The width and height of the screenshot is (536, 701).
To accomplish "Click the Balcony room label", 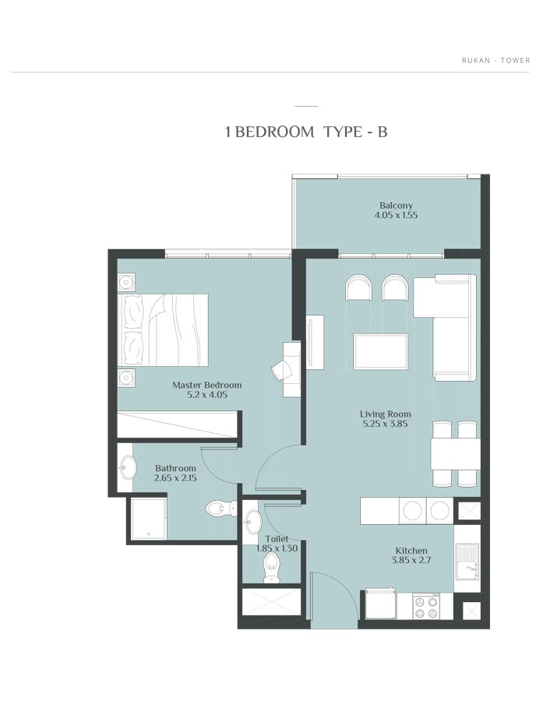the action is [396, 206].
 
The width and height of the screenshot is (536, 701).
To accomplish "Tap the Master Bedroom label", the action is [207, 385].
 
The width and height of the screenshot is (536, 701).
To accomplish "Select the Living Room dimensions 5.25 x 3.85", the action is [385, 424].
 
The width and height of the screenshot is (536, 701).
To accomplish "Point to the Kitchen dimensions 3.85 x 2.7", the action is [411, 560].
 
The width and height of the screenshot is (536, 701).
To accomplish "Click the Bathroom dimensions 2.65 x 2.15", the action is [175, 478].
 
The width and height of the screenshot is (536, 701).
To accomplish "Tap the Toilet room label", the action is [277, 539].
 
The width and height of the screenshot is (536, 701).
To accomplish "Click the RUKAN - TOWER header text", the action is [495, 60].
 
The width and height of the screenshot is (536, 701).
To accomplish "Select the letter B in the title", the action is [383, 132].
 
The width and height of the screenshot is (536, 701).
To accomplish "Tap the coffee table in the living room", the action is [380, 352].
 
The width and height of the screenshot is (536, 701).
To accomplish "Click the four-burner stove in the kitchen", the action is [425, 607].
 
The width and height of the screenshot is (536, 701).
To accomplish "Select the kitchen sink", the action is [467, 566].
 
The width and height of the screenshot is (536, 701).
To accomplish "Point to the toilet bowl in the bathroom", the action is [221, 509].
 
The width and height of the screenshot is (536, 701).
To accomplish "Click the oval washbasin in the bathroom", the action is [127, 467].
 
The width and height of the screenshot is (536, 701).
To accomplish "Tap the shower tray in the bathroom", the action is [149, 519].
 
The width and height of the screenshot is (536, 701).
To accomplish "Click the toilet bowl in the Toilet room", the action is [271, 567].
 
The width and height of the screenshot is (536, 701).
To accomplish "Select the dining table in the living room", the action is [456, 454].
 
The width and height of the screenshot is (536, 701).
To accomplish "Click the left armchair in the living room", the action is [358, 287].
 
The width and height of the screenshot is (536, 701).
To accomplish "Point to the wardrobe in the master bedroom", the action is [177, 424].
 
